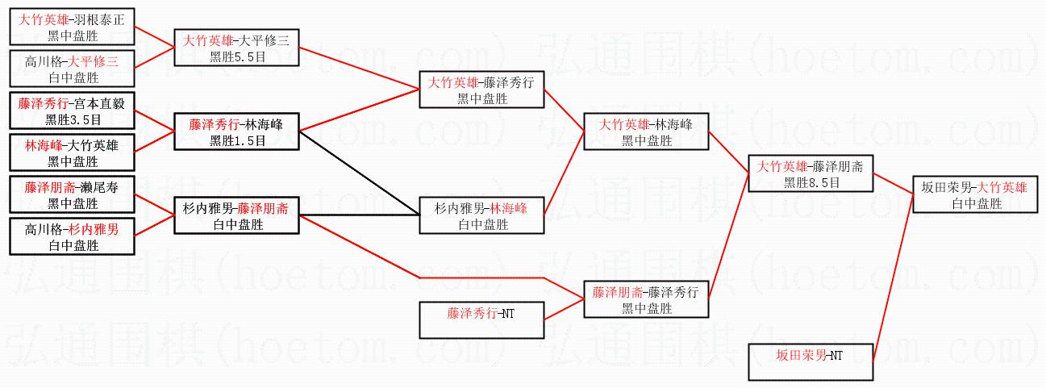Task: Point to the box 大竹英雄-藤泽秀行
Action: click(482, 89)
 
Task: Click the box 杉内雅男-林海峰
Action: click(482, 215)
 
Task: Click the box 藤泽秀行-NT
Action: click(482, 320)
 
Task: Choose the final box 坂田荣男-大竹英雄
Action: click(974, 194)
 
